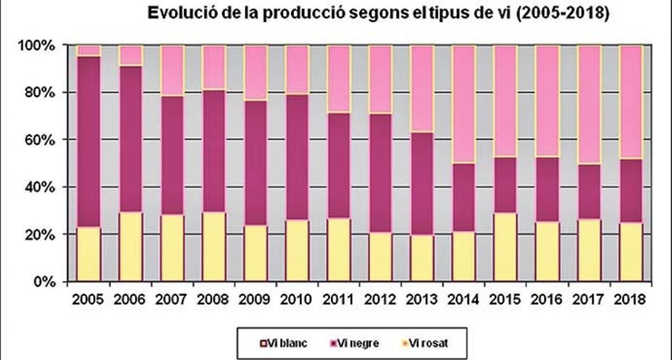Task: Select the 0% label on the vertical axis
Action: [x=45, y=282]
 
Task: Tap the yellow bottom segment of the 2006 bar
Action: [x=130, y=246]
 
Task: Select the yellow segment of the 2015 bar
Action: [x=506, y=246]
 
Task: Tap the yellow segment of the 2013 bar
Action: [x=422, y=258]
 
